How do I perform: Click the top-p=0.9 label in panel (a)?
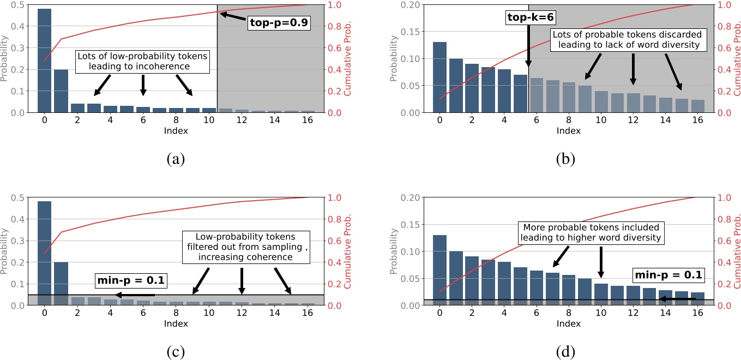280,22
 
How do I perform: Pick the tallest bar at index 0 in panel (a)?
44,61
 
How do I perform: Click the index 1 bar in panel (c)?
61,283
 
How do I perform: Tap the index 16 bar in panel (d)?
697,298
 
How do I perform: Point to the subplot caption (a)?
177,159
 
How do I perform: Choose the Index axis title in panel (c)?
176,323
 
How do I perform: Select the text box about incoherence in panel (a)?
143,62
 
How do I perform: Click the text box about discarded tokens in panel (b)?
625,40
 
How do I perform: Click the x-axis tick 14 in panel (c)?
274,313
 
